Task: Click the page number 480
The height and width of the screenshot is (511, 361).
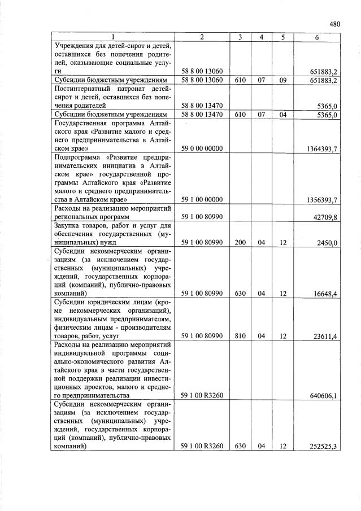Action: point(334,24)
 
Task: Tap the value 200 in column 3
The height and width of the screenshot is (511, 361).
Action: point(240,243)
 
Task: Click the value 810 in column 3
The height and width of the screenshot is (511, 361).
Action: point(240,337)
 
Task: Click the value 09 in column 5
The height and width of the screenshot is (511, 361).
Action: point(282,81)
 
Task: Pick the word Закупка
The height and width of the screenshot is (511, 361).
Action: point(68,226)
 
